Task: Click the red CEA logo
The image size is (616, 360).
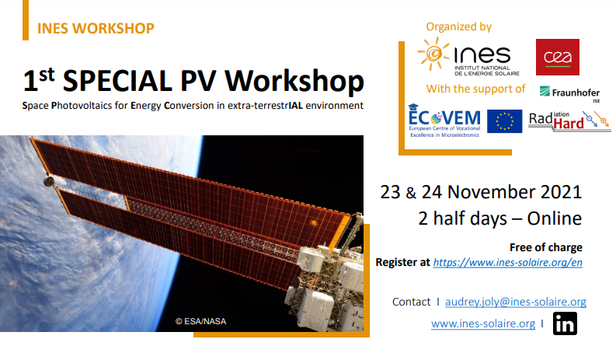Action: (558, 57)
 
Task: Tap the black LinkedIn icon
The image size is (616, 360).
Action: (565, 323)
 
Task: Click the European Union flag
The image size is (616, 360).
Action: (504, 121)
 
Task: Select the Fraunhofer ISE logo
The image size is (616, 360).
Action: (569, 93)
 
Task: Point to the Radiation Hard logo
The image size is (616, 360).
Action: (569, 121)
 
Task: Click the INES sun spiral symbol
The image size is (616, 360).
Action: (433, 54)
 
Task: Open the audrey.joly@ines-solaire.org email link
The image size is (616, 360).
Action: (516, 302)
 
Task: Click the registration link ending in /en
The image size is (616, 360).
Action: (507, 263)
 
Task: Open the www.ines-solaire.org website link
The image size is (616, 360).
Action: (483, 323)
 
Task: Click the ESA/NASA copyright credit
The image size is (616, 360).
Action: (200, 321)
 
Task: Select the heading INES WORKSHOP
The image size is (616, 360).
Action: (96, 28)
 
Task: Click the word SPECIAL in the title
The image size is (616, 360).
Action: (117, 81)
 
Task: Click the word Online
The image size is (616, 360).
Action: (555, 218)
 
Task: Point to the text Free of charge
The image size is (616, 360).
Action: (545, 247)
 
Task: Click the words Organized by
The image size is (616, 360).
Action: (459, 26)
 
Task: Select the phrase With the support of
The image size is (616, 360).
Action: (475, 89)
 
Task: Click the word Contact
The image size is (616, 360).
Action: (412, 302)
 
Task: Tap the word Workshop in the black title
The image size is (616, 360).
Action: (294, 81)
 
